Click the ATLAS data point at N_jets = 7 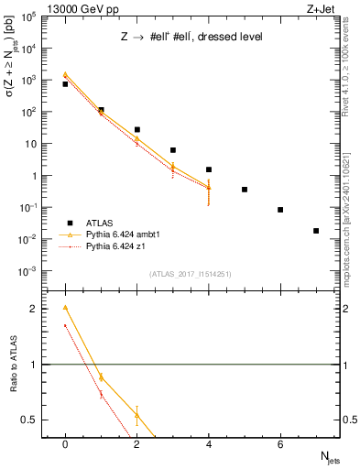point(316,231)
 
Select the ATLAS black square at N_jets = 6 point(280,210)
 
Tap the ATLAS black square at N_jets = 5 point(245,190)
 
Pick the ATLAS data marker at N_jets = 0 point(65,84)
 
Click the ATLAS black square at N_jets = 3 point(172,150)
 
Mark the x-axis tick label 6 point(280,444)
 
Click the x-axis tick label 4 point(209,444)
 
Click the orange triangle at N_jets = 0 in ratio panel point(65,308)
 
